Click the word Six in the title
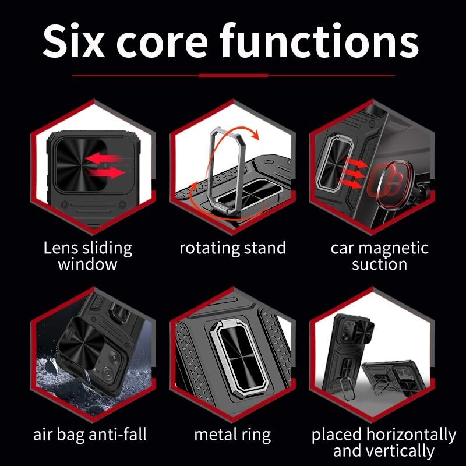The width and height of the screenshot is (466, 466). pyautogui.click(x=74, y=40)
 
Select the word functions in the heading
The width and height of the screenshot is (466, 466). pyautogui.click(x=319, y=40)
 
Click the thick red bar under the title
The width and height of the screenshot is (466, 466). pyautogui.click(x=234, y=76)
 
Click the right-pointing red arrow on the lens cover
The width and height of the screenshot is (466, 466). pyautogui.click(x=107, y=172)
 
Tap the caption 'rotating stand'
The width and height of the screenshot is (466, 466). pyautogui.click(x=232, y=248)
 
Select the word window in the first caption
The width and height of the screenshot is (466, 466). pyautogui.click(x=88, y=264)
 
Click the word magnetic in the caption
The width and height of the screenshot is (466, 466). pyautogui.click(x=394, y=248)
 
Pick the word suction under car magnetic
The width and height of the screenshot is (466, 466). pyautogui.click(x=380, y=264)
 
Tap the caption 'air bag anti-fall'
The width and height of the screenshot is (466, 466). pyautogui.click(x=90, y=434)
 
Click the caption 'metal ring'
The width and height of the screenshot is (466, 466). pyautogui.click(x=232, y=435)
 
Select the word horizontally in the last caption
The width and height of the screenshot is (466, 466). pyautogui.click(x=411, y=435)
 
